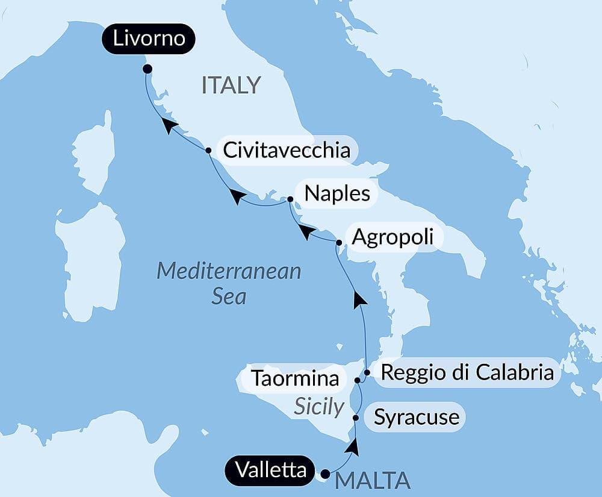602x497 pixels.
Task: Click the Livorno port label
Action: (x=148, y=40)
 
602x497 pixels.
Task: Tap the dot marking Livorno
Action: (x=147, y=69)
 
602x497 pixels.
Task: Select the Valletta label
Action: (x=271, y=470)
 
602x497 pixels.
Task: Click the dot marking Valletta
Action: (x=326, y=474)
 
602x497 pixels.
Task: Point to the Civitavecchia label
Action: (x=287, y=150)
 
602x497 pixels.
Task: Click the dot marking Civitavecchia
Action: (x=208, y=150)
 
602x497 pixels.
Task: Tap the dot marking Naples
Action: (x=290, y=199)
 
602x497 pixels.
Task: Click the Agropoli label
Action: (x=392, y=236)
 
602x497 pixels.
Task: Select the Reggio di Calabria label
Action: (x=467, y=373)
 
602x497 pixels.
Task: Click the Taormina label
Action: (x=294, y=379)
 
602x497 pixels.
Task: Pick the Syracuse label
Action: (x=416, y=417)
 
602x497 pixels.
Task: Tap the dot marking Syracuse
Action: (x=356, y=417)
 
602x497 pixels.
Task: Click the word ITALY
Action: (x=231, y=86)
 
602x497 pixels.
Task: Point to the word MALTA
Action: (x=373, y=481)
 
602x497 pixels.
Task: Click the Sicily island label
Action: (x=318, y=407)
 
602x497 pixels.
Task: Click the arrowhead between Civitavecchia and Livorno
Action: (x=170, y=124)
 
